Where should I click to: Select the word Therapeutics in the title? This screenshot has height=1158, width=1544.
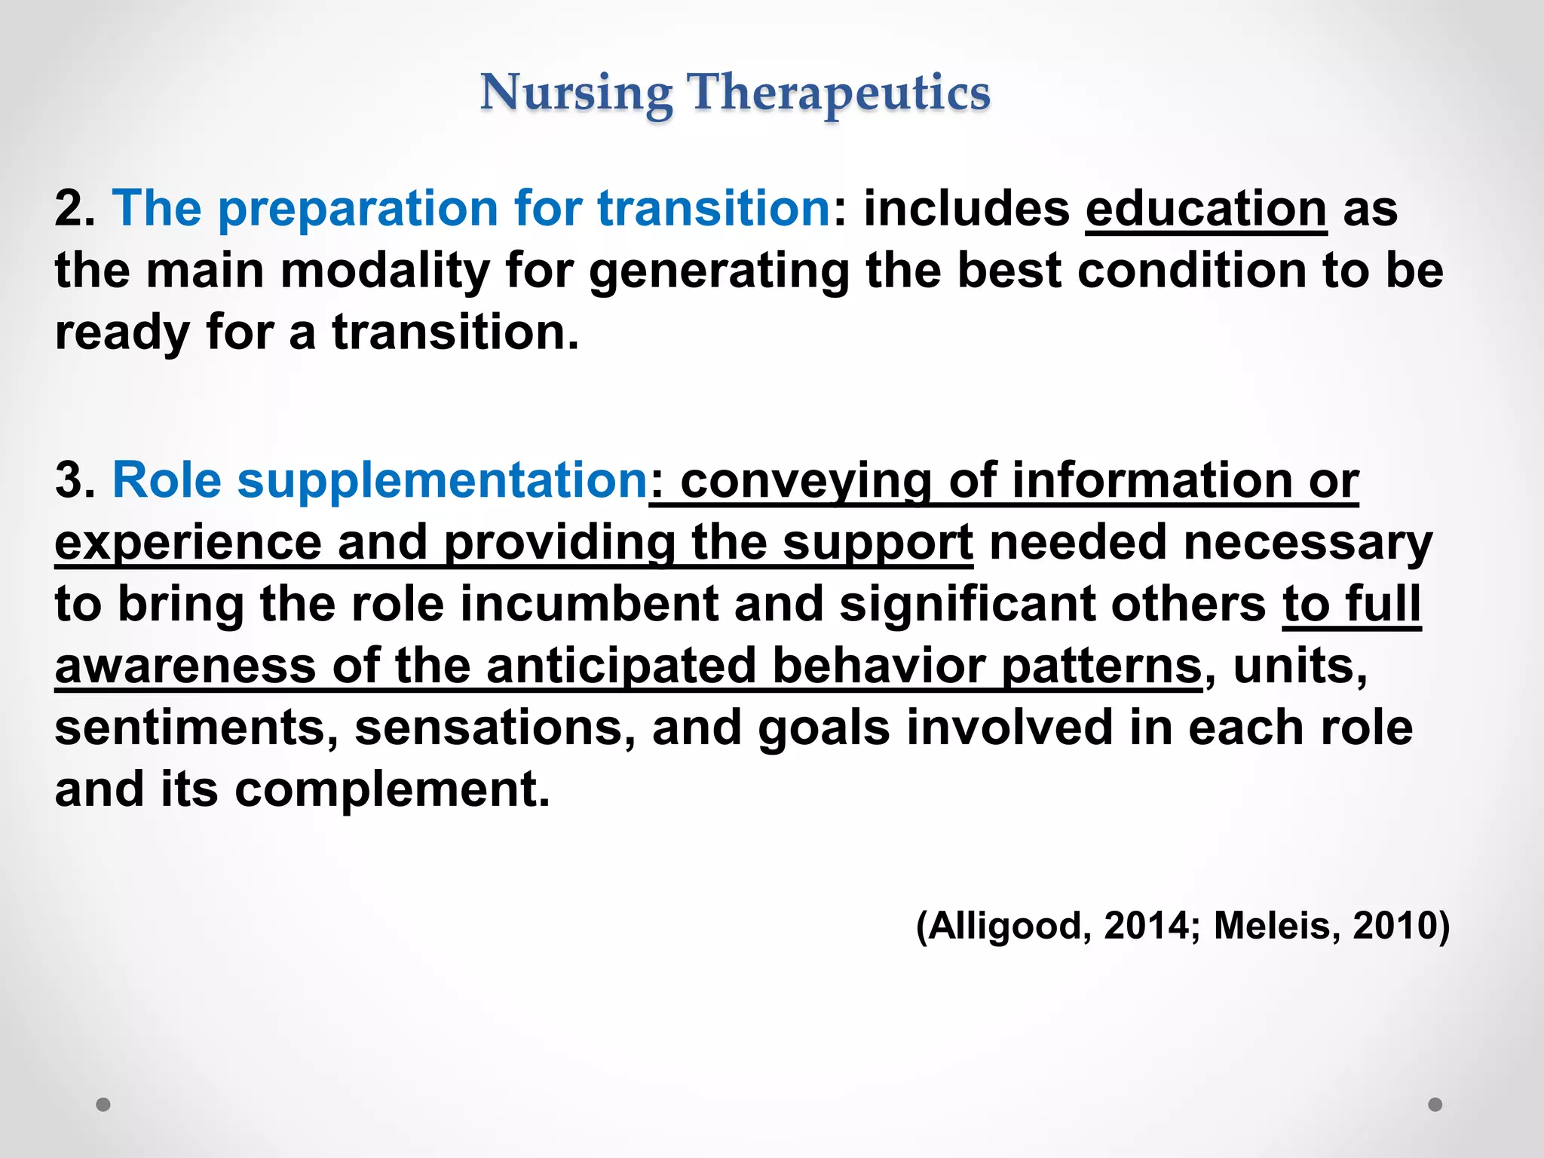(x=838, y=93)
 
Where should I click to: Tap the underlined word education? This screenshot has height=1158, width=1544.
(x=1205, y=208)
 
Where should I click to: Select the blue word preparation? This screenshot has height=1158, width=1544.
(x=357, y=210)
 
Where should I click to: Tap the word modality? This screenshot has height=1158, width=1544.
(x=385, y=271)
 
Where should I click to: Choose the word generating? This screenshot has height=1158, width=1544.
(x=718, y=272)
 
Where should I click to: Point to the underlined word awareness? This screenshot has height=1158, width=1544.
(x=185, y=666)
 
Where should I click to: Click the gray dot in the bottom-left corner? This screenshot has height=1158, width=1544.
(x=103, y=1104)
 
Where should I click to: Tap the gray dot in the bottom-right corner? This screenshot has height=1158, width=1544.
(x=1435, y=1104)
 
